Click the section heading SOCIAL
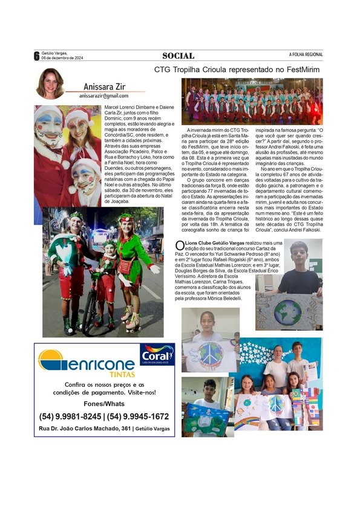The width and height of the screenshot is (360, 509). (178, 56)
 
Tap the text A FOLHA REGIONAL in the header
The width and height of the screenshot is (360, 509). (306, 55)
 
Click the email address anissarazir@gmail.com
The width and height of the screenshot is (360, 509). (103, 96)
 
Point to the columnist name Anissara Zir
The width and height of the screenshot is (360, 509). (103, 86)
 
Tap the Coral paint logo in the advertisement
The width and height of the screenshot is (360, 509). (157, 355)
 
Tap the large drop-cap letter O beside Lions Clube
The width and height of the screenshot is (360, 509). (178, 245)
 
